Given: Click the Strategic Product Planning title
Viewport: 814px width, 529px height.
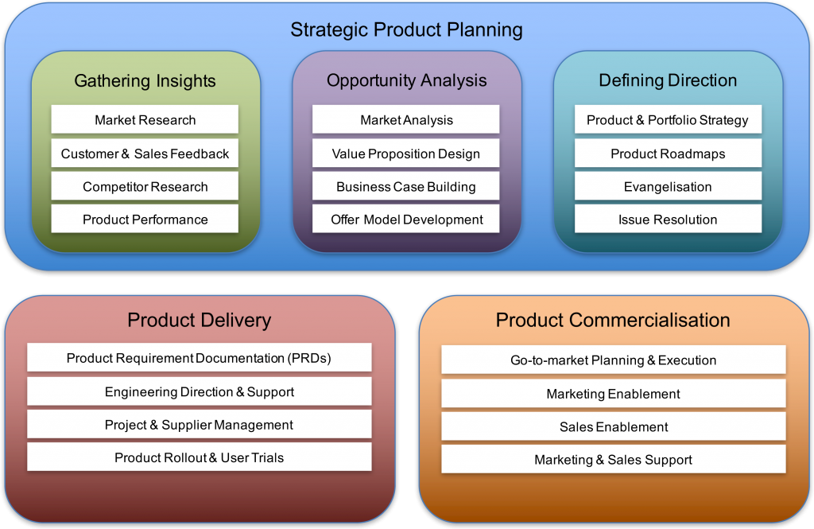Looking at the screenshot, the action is click(x=406, y=29).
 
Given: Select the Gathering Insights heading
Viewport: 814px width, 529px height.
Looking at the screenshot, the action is click(x=145, y=81).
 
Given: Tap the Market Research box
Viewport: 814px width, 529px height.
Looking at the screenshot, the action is click(x=145, y=119).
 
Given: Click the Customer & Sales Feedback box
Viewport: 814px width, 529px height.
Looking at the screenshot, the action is click(x=145, y=153).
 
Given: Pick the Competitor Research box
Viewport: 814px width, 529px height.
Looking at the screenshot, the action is click(x=145, y=186).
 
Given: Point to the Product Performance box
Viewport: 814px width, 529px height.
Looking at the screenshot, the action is click(x=145, y=219).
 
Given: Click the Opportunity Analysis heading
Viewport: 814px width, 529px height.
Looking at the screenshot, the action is click(x=406, y=80).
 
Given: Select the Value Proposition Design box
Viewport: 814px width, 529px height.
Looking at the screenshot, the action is click(x=406, y=153).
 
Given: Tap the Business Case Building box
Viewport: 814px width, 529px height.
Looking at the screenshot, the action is click(x=406, y=186).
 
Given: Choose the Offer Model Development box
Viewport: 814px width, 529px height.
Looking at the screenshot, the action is click(x=406, y=219).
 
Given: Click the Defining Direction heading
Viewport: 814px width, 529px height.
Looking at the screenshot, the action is click(x=668, y=80).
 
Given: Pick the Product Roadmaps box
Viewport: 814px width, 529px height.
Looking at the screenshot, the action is click(x=668, y=153).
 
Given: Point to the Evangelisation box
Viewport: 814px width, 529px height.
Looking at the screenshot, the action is click(x=668, y=186).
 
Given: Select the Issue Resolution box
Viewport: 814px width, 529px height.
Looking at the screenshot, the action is click(x=668, y=219).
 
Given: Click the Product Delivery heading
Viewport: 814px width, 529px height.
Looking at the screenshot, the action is click(x=200, y=320).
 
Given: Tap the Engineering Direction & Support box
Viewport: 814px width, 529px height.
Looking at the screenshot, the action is click(x=200, y=391).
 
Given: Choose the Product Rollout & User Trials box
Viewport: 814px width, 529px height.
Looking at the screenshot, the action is click(x=200, y=457).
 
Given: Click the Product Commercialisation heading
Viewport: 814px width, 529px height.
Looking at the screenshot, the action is click(x=613, y=320).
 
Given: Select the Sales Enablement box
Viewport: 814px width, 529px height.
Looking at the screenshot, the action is click(x=614, y=426).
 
